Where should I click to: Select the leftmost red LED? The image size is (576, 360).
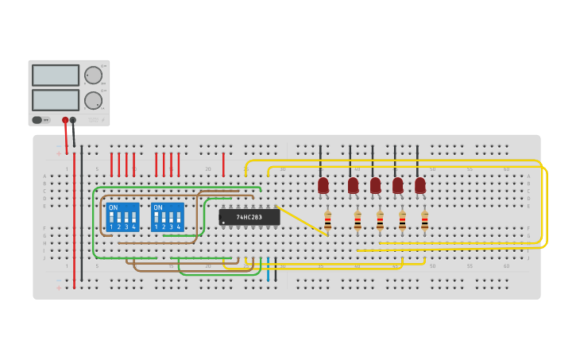(x=323, y=185)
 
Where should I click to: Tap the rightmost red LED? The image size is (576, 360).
(x=420, y=185)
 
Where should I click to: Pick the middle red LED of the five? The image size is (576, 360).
(x=375, y=185)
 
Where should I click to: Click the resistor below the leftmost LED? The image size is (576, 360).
(x=327, y=220)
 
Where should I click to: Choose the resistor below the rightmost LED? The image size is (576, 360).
(x=424, y=220)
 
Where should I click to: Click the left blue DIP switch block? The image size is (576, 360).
(x=122, y=217)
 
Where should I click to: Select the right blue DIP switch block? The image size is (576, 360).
(x=167, y=217)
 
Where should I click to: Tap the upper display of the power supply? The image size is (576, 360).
(x=56, y=75)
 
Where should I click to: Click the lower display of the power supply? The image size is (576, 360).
(x=56, y=100)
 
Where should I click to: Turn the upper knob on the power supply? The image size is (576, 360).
(x=93, y=75)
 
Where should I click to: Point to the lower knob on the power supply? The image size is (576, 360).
(x=93, y=101)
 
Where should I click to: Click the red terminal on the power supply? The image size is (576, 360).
(x=65, y=121)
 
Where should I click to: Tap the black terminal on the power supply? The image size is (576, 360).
(x=73, y=121)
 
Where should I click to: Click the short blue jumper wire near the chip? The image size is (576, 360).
(x=268, y=269)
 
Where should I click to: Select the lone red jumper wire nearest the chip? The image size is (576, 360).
(x=223, y=164)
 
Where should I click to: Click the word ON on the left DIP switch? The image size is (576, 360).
(x=113, y=208)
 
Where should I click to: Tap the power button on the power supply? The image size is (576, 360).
(x=37, y=120)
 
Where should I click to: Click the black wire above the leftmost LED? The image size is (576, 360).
(x=320, y=161)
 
